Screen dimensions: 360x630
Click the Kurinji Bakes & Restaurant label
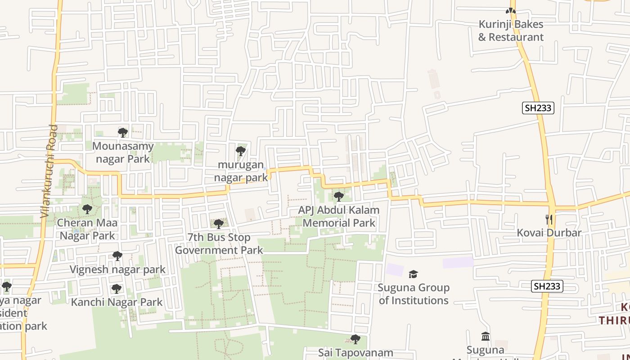point(511,31)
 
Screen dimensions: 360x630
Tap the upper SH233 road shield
point(538,108)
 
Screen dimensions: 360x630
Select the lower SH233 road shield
point(547,286)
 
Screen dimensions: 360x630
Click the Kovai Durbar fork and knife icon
point(549,220)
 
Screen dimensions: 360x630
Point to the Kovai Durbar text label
point(549,233)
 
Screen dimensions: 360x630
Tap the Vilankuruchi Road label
point(49,171)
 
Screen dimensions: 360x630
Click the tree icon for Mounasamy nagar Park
point(123,132)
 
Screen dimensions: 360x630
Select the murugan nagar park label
point(241,171)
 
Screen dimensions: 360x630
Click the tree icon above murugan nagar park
point(241,151)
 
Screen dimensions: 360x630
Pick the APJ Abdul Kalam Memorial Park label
point(339,216)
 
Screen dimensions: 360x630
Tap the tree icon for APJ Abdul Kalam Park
point(339,197)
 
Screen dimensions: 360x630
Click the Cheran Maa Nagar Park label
point(88,229)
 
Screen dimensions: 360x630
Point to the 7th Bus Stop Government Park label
point(219,243)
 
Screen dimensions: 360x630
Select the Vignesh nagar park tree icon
point(117,256)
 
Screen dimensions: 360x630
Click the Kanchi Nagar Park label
point(117,302)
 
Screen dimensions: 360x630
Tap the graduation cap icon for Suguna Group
point(413,274)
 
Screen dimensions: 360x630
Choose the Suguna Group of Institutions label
point(414,294)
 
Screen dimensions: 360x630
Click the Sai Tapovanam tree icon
point(355,339)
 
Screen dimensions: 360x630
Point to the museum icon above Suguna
point(486,337)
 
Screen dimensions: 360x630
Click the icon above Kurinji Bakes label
point(510,11)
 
